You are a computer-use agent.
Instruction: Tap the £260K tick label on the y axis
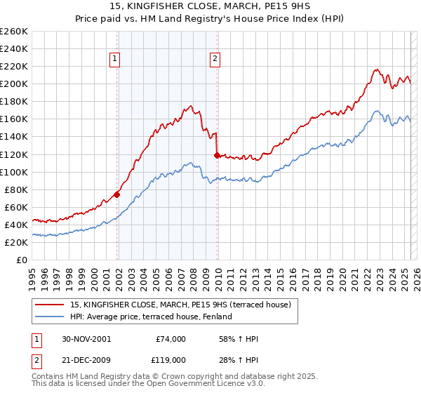[14, 32]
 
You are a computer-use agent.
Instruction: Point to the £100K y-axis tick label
[14, 172]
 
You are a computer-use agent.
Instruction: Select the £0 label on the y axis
[22, 260]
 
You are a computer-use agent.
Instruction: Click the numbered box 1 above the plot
[115, 60]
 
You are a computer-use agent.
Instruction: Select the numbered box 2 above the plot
[214, 60]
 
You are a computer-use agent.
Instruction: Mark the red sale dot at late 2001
[116, 194]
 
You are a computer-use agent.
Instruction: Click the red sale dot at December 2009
[217, 155]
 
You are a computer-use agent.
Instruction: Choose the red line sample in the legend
[50, 304]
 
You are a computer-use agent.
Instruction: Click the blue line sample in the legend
[50, 317]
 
